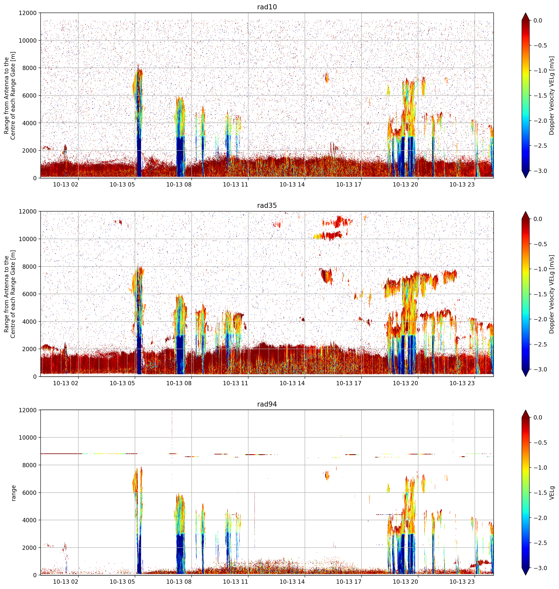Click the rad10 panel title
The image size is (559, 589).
(267, 7)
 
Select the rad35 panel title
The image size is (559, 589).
(267, 206)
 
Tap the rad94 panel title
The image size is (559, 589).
(267, 404)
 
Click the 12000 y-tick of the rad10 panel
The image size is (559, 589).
(27, 13)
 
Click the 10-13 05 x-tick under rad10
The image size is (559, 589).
(122, 184)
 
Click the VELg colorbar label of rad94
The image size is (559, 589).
(552, 493)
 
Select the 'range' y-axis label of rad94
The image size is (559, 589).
(13, 493)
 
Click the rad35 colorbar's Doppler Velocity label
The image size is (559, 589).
(552, 294)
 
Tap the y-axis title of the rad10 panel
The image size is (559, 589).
(10, 95)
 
